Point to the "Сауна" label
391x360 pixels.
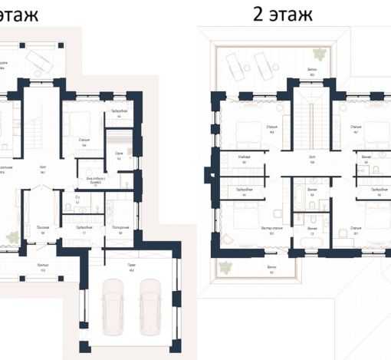119,154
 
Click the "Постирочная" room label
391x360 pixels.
120,227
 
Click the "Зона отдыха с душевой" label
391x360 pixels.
95,179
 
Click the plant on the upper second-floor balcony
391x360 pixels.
317,54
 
